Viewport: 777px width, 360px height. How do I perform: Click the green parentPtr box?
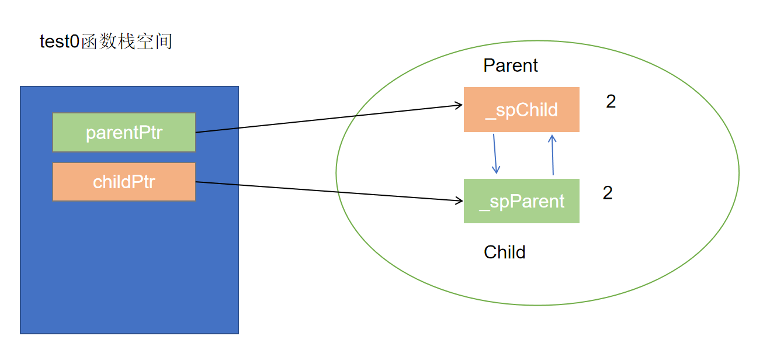(x=124, y=132)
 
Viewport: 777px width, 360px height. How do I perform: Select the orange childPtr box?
(x=124, y=182)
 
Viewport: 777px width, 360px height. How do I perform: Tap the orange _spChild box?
(x=521, y=109)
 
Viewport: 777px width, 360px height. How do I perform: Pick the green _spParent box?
(x=521, y=201)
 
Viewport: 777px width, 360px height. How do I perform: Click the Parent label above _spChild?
(x=510, y=65)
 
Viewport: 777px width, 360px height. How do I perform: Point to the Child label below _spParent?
(x=504, y=252)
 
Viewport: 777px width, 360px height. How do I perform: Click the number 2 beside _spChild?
(x=611, y=101)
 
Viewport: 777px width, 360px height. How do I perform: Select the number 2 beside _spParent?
(x=608, y=193)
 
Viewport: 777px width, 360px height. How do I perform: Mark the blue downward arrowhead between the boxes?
(x=496, y=170)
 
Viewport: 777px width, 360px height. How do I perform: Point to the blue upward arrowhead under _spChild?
(x=552, y=139)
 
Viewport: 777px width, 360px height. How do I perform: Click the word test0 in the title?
(x=60, y=41)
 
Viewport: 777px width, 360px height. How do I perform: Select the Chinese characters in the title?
(x=127, y=41)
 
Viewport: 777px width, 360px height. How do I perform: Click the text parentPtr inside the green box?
(x=124, y=133)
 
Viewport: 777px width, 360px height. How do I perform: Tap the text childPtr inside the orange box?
(x=124, y=182)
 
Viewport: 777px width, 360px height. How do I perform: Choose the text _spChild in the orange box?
(x=521, y=110)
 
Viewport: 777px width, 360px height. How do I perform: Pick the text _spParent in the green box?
(x=522, y=202)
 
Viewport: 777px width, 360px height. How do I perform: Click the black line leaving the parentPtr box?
(x=329, y=119)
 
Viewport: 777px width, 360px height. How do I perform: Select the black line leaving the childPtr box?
(x=329, y=191)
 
